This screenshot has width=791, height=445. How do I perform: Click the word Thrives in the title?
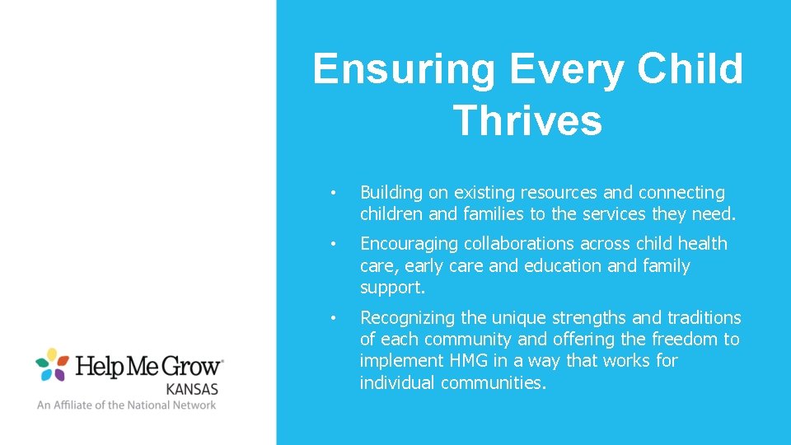[x=527, y=120]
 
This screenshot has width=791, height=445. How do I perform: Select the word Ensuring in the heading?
[x=404, y=68]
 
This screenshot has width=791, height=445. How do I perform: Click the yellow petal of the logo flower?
[x=52, y=354]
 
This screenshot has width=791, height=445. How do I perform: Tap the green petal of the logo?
[x=41, y=363]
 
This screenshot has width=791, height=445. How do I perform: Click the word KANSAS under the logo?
[x=192, y=388]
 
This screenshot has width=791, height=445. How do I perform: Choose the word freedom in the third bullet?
[x=686, y=339]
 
